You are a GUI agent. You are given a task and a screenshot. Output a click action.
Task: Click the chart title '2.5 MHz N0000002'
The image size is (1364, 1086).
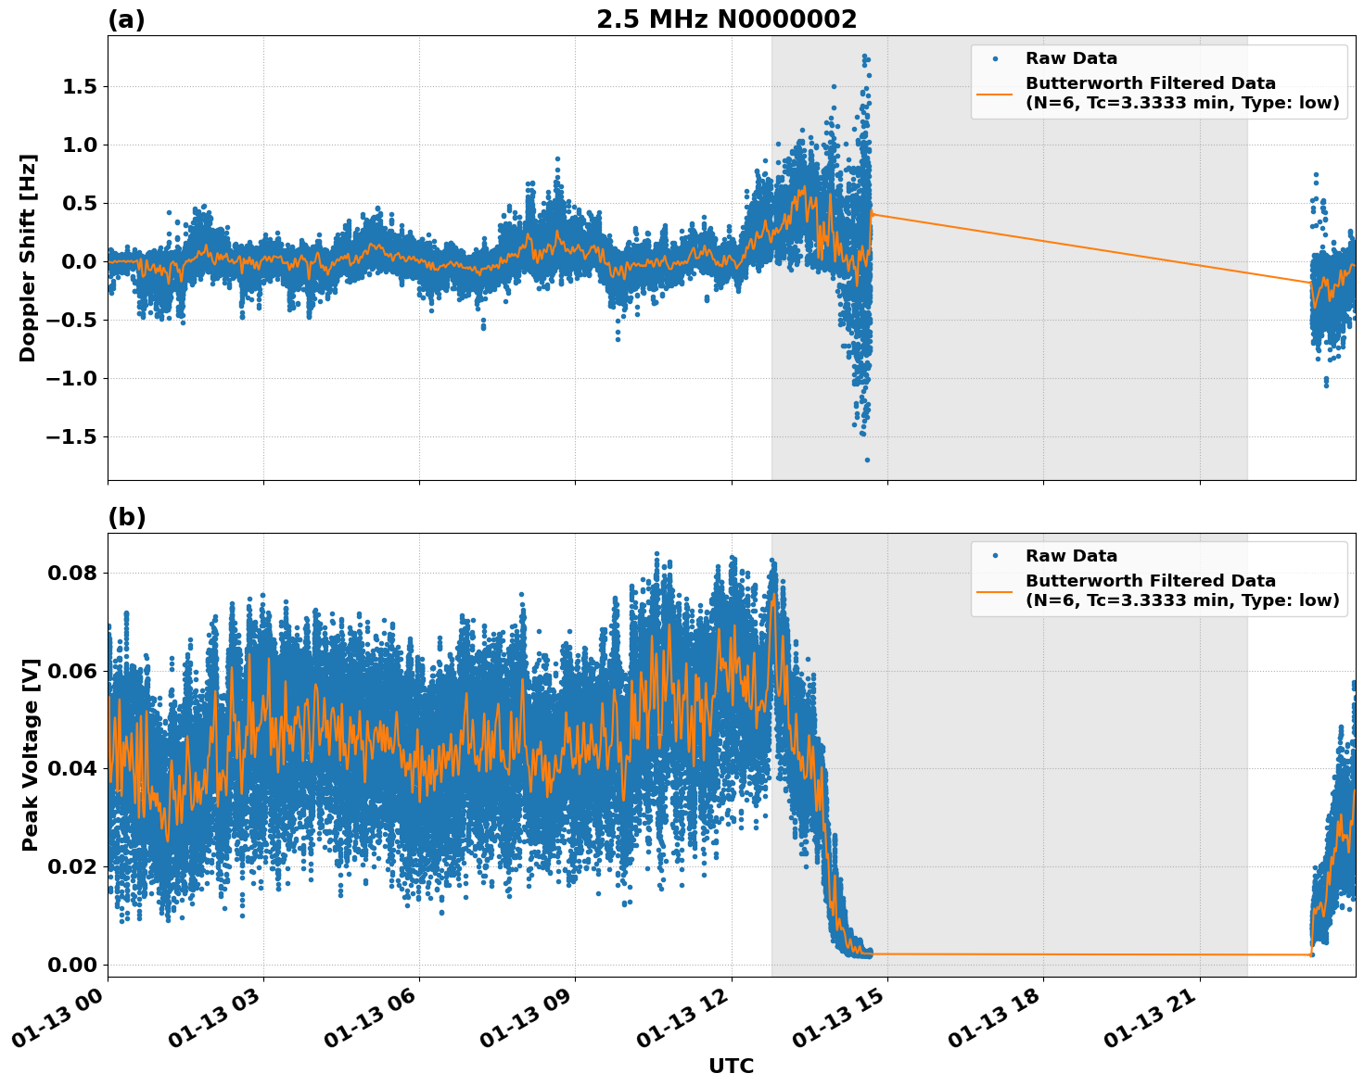pyautogui.click(x=726, y=19)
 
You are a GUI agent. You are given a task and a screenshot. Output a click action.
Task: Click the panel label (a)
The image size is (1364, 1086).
pyautogui.click(x=126, y=19)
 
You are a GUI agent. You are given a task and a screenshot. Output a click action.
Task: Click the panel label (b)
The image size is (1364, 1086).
pyautogui.click(x=126, y=517)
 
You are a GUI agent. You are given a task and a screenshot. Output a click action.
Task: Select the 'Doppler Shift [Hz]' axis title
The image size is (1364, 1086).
pyautogui.click(x=28, y=258)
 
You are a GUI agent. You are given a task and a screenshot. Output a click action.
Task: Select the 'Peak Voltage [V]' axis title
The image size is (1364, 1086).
pyautogui.click(x=31, y=754)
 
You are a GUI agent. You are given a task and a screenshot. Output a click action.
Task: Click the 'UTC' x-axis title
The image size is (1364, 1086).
pyautogui.click(x=731, y=1066)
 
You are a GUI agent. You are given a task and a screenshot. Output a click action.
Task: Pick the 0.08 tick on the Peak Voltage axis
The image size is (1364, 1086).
pyautogui.click(x=71, y=573)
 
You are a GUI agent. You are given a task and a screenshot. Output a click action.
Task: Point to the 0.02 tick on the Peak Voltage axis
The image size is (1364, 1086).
pyautogui.click(x=71, y=866)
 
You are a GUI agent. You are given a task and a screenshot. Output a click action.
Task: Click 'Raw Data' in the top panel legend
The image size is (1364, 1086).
pyautogui.click(x=1071, y=59)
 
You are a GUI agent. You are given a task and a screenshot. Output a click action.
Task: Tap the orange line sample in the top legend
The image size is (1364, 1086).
pyautogui.click(x=994, y=94)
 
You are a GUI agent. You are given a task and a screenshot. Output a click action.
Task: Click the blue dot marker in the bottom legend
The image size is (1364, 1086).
pyautogui.click(x=994, y=556)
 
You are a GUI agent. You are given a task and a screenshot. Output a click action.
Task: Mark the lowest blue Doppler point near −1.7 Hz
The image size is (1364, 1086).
pyautogui.click(x=867, y=460)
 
